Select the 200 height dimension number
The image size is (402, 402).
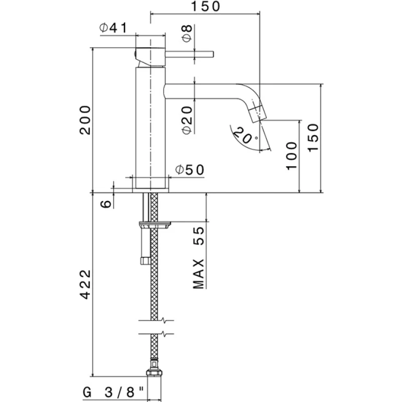pyautogui.click(x=86, y=120)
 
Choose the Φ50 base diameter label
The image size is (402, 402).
pyautogui.click(x=190, y=170)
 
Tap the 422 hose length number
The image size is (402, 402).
pyautogui.click(x=86, y=286)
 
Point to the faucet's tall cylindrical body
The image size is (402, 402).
pyautogui.click(x=150, y=126)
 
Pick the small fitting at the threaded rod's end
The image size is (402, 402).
pyautogui.click(x=144, y=260)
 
